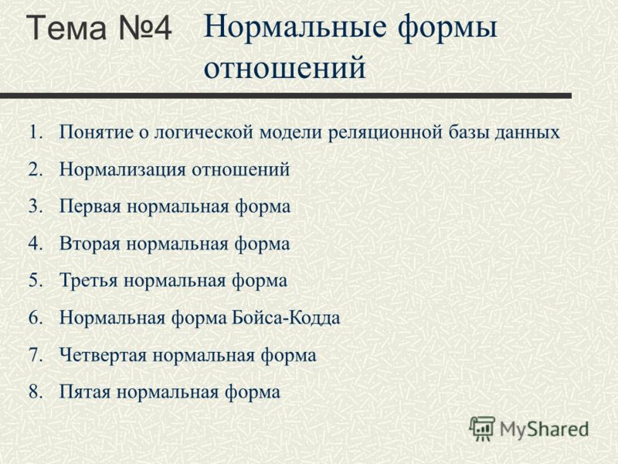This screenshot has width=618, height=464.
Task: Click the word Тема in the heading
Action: [x=67, y=27]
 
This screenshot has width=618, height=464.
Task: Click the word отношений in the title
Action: [x=284, y=67]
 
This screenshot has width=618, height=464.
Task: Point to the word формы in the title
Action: [x=447, y=29]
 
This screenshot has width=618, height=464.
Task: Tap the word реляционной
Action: [x=385, y=133]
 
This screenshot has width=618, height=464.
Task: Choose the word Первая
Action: [x=90, y=206]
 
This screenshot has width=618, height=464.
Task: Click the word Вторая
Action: [x=90, y=244]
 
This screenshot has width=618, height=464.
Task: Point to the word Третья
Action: [x=89, y=281]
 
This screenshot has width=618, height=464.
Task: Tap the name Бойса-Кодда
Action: [x=286, y=318]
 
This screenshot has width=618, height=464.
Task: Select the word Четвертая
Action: [x=104, y=355]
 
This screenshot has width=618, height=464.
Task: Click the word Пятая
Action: [x=85, y=392]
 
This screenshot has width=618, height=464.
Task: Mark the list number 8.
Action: [x=36, y=392]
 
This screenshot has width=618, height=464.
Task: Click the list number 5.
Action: [x=36, y=281]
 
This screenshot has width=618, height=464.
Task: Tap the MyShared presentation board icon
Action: [x=482, y=428]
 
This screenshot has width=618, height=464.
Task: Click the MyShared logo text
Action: [x=544, y=429]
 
